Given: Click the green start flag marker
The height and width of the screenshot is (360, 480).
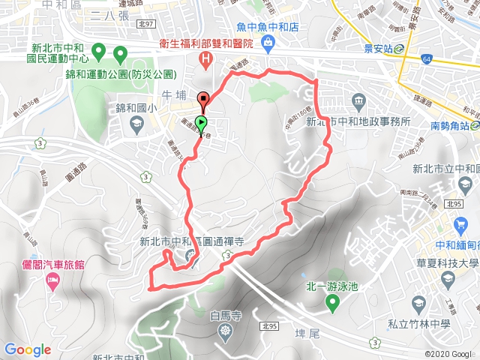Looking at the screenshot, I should (201, 123).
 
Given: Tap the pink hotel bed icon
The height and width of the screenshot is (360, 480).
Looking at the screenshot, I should (52, 280).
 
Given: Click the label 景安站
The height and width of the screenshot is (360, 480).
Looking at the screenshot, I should (379, 48).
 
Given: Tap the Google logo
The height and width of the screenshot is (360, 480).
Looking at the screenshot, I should (27, 349).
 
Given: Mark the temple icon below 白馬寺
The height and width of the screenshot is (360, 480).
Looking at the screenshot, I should (224, 331).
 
